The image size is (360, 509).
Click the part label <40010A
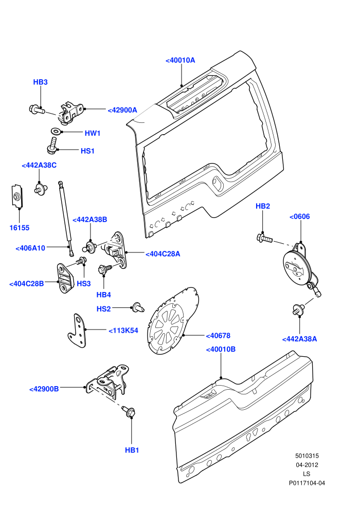coord(180,60)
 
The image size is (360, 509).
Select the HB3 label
coord(40,82)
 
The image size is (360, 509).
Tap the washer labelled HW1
coord(56,132)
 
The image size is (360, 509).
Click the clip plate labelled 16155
coord(17,196)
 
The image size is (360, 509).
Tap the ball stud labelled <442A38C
coord(41,189)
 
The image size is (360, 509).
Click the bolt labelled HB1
coord(129,411)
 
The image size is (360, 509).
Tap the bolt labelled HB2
coord(264,239)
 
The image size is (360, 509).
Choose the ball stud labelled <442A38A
coord(298,310)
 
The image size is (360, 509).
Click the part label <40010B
coord(221,350)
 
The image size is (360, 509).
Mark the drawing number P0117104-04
coord(307,483)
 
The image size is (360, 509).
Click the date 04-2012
coord(307,465)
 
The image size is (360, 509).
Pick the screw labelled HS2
coord(138,307)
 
